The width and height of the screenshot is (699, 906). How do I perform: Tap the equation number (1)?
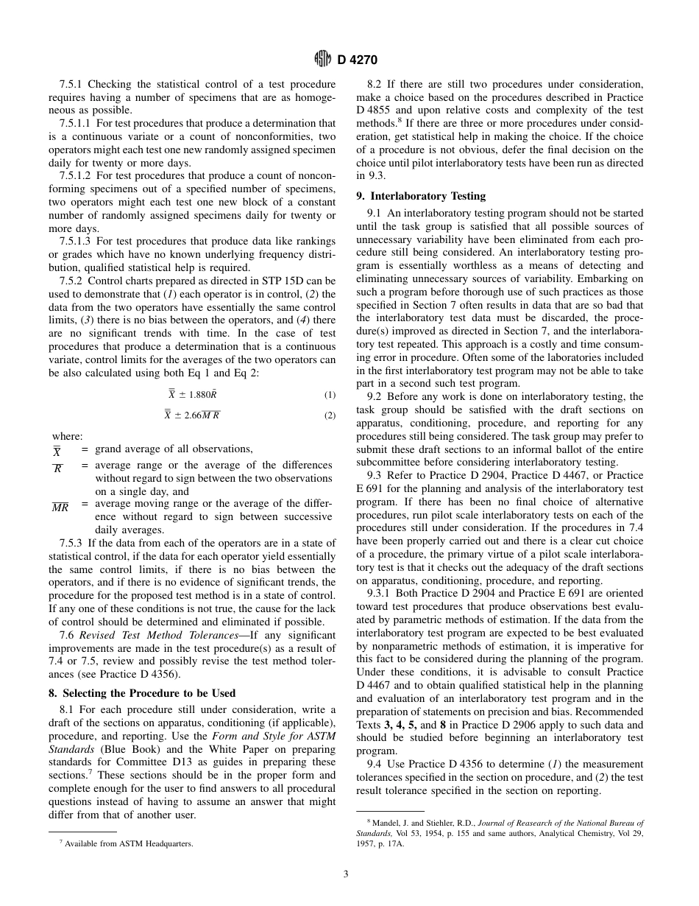(330, 395)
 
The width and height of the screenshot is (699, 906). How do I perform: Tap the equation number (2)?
(330, 415)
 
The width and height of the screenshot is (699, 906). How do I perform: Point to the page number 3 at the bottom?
(346, 874)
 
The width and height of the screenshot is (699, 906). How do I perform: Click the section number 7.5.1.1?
(75, 124)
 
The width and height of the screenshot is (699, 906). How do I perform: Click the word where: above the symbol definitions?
(67, 437)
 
